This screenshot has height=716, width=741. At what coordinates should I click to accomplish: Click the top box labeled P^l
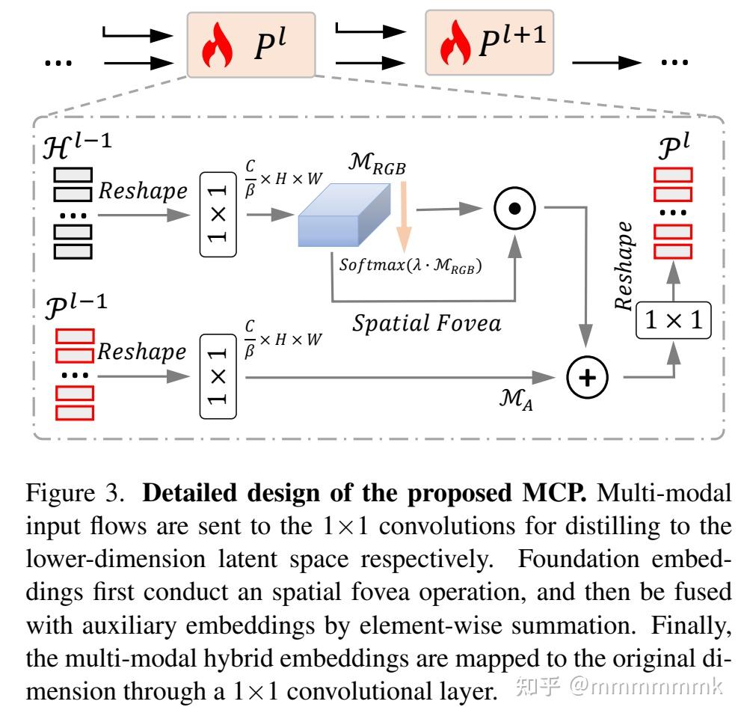(x=251, y=43)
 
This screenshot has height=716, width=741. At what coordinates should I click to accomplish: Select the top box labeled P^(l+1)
(x=490, y=43)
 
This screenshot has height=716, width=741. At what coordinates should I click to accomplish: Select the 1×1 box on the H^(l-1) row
(x=218, y=214)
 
